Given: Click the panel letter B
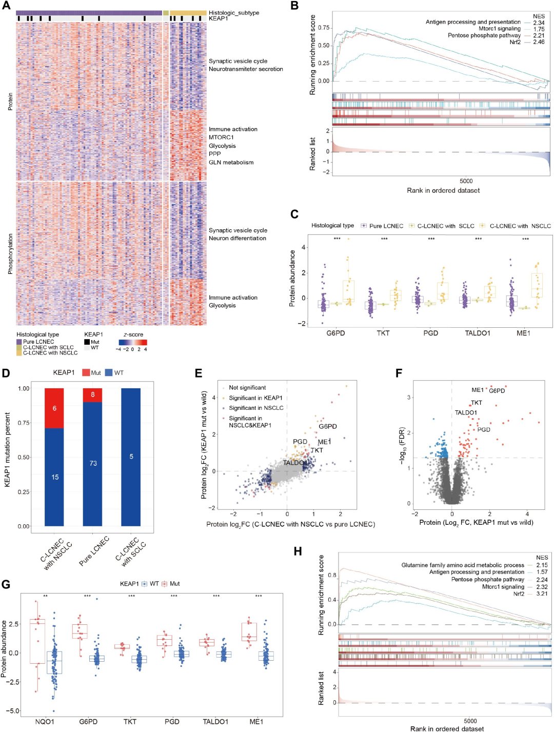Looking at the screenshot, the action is (294, 6).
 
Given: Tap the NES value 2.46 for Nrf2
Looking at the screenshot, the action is (539, 42).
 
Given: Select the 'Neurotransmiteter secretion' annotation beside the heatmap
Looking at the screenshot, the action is (246, 69).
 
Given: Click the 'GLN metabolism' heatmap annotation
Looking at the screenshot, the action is (231, 163).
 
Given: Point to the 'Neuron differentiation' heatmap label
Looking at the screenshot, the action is (238, 238).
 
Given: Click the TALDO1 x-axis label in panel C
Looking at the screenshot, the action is (478, 333).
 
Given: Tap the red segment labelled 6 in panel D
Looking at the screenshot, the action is (54, 408).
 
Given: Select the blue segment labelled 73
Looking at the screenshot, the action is (93, 464).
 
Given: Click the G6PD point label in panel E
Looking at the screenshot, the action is (328, 426).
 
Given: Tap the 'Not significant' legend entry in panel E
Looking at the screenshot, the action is (247, 387).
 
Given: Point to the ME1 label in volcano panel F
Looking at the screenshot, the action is (478, 390).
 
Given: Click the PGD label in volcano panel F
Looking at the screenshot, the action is (484, 429).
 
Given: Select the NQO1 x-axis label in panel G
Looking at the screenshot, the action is (45, 722).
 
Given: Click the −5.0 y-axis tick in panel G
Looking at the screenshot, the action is (12, 710).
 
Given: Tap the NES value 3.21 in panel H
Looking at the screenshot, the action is (542, 593).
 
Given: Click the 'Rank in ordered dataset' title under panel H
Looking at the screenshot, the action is (447, 728).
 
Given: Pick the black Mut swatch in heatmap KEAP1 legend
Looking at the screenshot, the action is (87, 342).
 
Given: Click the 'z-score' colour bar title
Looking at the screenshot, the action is (133, 334).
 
